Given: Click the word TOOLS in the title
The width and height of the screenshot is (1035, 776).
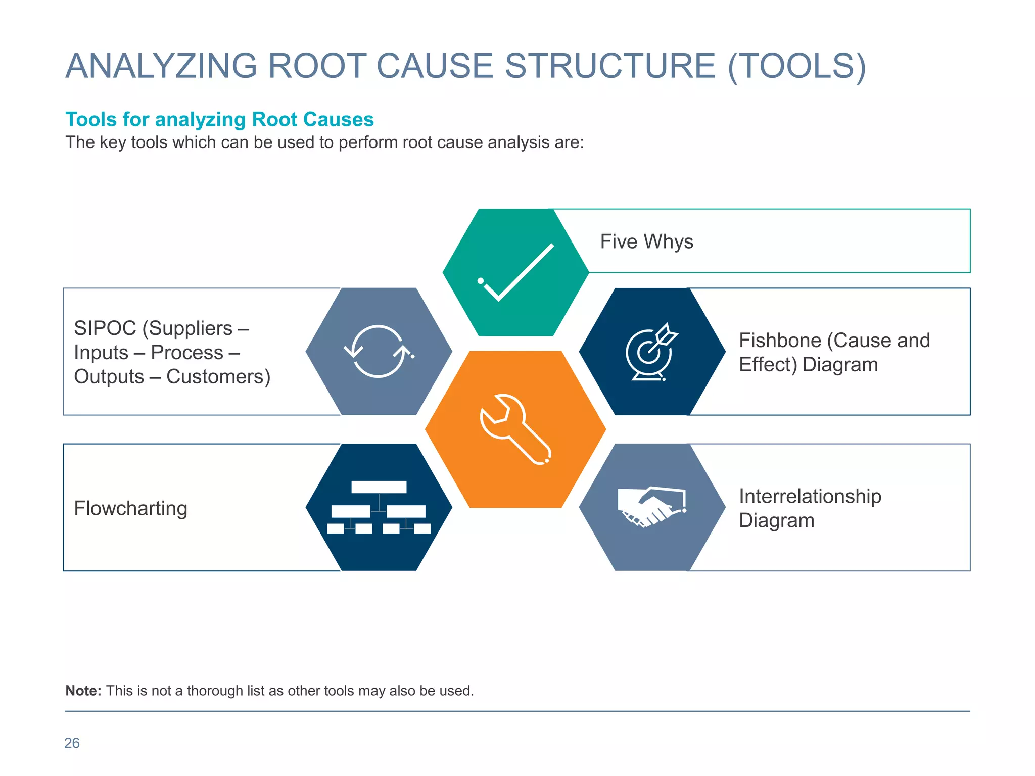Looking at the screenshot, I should tap(797, 66).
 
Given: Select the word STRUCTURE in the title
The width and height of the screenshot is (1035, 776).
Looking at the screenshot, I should tap(610, 66).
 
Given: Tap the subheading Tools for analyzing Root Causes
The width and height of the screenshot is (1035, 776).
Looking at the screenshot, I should tap(219, 120).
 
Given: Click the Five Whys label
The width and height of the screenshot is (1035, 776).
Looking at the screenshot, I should tap(646, 241).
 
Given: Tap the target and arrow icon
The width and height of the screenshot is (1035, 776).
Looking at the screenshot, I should tap(651, 352).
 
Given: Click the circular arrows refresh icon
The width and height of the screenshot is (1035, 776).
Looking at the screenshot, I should tap(379, 351).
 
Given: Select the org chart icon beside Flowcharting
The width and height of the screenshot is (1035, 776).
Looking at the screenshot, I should tap(379, 507).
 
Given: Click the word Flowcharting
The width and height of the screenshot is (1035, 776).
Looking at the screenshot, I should tap(130, 508).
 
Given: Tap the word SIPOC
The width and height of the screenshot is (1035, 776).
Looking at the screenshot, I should tap(105, 328).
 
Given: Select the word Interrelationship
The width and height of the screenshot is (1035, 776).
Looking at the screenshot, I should tap(810, 496).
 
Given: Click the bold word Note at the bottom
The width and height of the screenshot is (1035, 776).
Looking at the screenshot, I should tap(83, 691).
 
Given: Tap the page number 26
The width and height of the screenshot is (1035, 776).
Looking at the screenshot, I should tap(72, 743).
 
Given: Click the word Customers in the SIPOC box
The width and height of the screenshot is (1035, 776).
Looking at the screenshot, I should tap(218, 377).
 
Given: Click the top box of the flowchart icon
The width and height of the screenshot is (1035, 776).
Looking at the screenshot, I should tap(379, 487).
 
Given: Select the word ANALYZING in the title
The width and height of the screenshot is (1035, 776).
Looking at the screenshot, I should tap(161, 66).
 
